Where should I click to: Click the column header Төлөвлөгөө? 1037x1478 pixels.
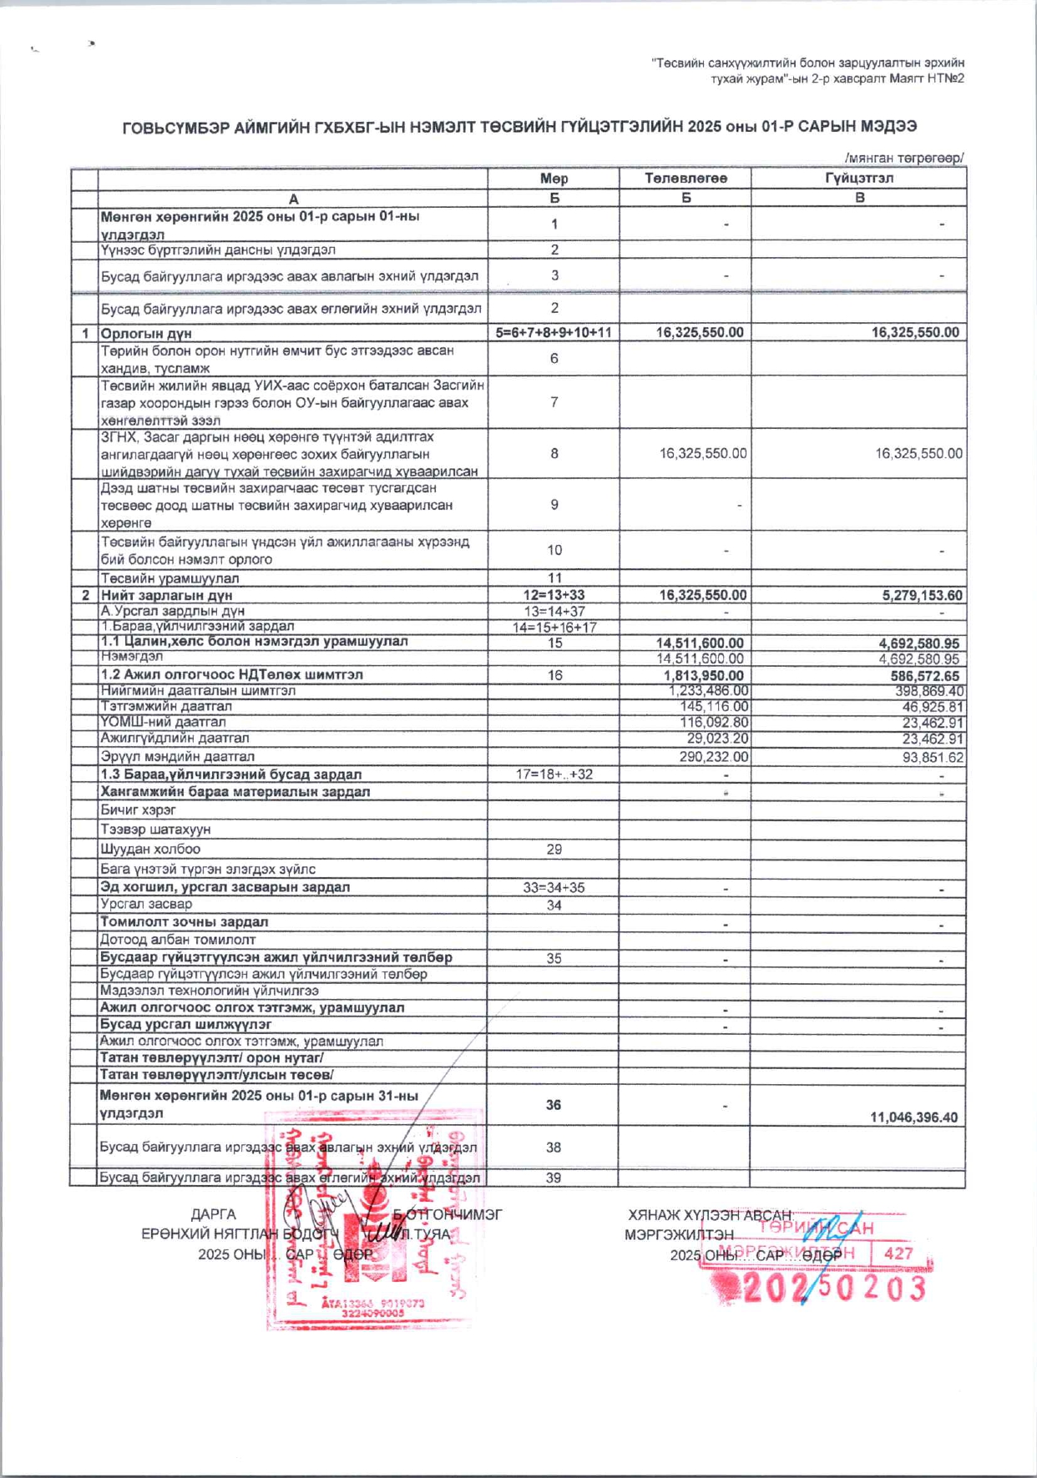tap(685, 179)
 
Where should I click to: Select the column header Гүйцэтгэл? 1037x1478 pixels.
tap(859, 179)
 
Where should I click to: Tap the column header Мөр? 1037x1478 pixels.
tap(554, 179)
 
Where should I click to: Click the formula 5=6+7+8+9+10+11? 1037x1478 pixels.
tap(554, 332)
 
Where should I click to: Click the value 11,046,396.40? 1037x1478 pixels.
tap(914, 1117)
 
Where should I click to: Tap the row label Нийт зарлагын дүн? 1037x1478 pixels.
tap(166, 596)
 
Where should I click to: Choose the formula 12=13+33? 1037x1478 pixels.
tap(554, 596)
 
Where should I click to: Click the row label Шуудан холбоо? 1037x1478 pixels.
tap(150, 849)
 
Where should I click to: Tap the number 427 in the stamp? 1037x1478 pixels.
tap(898, 1253)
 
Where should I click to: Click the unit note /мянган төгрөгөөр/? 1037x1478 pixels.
tap(904, 158)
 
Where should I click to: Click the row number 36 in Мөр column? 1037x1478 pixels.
tap(554, 1105)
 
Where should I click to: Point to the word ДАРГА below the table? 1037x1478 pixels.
tap(214, 1214)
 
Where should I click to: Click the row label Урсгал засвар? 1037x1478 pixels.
tap(146, 905)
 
